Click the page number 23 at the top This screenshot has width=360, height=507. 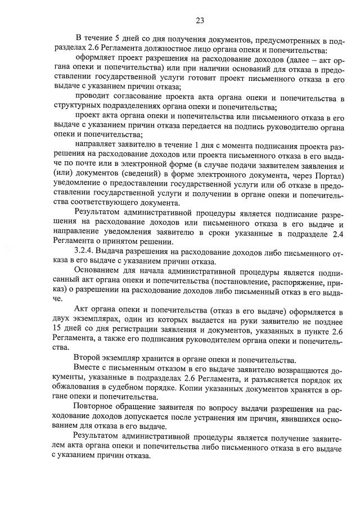pyautogui.click(x=200, y=21)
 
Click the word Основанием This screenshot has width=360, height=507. pyautogui.click(x=98, y=270)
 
